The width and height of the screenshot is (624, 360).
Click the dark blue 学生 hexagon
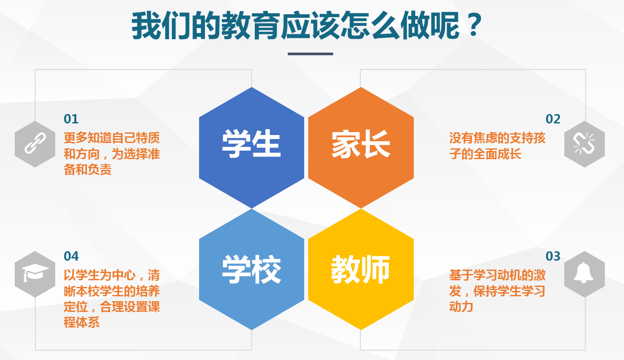252,147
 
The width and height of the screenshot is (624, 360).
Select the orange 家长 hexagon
361,147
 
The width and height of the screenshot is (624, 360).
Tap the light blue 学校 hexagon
252,270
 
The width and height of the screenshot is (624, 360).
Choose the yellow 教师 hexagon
361,270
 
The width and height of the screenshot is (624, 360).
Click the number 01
71,119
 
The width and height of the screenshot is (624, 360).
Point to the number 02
553,119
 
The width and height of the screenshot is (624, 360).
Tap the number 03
553,256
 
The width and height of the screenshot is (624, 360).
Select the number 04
71,256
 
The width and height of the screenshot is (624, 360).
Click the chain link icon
35,143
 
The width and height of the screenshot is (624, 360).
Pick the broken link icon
584,143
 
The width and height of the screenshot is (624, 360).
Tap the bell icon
583,273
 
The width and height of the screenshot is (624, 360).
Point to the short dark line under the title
310,54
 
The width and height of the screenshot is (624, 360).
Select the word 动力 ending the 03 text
461,307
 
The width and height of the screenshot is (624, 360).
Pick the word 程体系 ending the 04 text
82,323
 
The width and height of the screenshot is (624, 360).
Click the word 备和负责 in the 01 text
87,169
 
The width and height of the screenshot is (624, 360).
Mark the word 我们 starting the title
162,26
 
